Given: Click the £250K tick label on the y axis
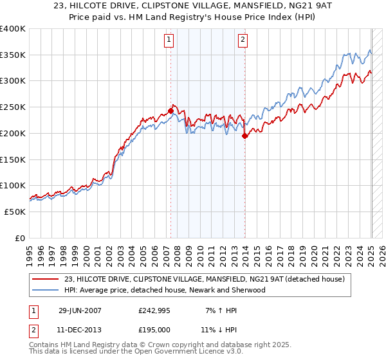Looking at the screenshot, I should (13, 107).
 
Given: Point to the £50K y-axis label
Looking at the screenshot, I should (15, 212).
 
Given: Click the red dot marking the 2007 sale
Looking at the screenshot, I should (170, 111).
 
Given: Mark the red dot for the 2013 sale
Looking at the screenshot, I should (245, 136).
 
